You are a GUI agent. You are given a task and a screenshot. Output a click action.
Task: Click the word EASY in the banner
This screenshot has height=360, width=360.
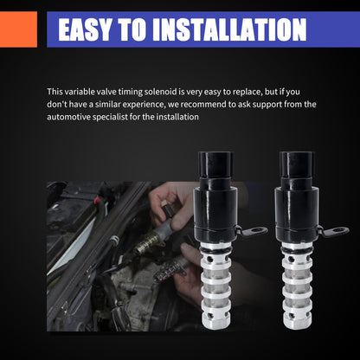85,29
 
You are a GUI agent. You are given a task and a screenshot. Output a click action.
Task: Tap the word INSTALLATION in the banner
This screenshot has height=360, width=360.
229,29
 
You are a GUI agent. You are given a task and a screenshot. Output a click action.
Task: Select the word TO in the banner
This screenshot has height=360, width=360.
132,29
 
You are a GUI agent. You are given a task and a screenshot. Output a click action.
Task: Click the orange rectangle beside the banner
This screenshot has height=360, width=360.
18,29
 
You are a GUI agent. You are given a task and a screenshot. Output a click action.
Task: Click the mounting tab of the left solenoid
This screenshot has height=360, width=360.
254,231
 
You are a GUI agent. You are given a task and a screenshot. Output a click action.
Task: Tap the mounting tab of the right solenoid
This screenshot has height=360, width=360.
335,231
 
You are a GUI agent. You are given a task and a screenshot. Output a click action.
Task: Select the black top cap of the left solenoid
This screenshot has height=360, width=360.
215,164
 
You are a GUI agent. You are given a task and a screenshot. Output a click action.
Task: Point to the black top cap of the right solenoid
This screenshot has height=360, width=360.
297,164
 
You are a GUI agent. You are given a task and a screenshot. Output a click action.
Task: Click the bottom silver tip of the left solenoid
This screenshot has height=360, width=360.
216,323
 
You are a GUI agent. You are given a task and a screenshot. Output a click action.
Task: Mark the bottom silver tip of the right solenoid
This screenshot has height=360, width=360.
298,323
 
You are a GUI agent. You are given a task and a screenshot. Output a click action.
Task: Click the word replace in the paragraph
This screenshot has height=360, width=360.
247,93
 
